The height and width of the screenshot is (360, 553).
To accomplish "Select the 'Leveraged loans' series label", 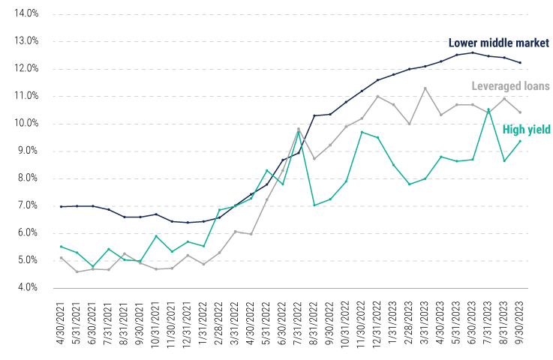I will click(x=510, y=86).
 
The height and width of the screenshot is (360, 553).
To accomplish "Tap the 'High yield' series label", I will click(x=527, y=129).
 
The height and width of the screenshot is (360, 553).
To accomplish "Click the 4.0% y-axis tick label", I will click(x=28, y=288).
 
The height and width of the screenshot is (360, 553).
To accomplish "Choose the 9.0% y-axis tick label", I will click(x=28, y=151).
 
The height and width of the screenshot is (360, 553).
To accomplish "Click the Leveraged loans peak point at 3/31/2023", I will click(x=425, y=88).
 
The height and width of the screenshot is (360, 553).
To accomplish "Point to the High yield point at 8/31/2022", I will click(x=314, y=205).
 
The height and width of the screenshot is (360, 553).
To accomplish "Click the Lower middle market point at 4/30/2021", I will click(x=62, y=206).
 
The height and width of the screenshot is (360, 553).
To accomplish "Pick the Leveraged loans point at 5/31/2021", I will click(x=77, y=271).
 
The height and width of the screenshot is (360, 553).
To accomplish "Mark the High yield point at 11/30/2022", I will click(x=362, y=132).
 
